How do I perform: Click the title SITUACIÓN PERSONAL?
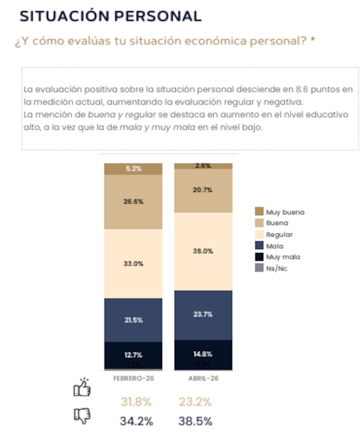(111, 16)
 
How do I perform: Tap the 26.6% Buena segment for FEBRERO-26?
(133, 202)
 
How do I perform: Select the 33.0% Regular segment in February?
(133, 264)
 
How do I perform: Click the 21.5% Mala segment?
(133, 320)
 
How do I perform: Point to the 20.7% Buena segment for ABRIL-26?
(203, 190)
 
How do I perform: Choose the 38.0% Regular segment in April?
(203, 251)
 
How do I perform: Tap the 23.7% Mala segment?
(203, 315)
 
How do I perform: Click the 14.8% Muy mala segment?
(203, 354)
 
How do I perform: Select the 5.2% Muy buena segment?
(133, 169)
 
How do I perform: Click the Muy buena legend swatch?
(259, 212)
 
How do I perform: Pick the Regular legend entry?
(279, 235)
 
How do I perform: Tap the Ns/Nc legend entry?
(276, 268)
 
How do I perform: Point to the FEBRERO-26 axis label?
(133, 379)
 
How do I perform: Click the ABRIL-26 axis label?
(203, 379)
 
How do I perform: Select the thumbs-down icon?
(82, 416)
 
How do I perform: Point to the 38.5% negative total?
(196, 421)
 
